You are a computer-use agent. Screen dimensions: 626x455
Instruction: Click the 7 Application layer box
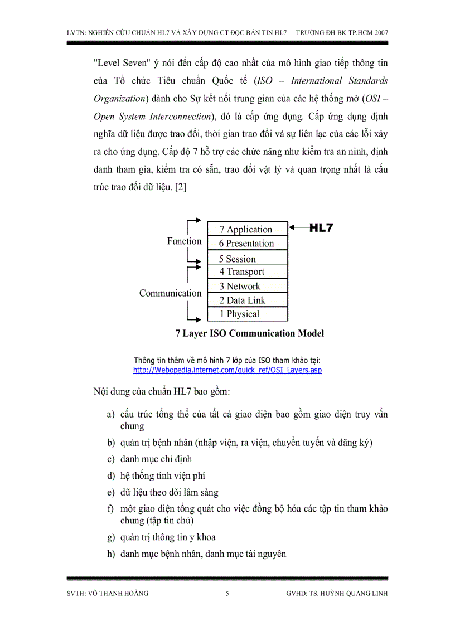pyautogui.click(x=248, y=229)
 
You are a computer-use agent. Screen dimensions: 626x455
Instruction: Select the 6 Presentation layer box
pyautogui.click(x=248, y=243)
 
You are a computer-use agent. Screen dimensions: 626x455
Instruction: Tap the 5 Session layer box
pyautogui.click(x=248, y=258)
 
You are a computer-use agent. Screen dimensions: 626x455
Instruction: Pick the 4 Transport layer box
pyautogui.click(x=248, y=271)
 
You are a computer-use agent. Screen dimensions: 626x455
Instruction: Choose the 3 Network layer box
pyautogui.click(x=248, y=286)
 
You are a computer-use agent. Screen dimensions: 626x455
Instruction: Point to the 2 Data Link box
pyautogui.click(x=248, y=300)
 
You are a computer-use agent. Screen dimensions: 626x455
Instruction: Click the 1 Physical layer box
pyautogui.click(x=248, y=314)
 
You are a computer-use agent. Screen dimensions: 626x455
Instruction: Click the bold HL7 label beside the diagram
pyautogui.click(x=321, y=227)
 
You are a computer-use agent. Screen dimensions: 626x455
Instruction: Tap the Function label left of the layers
pyautogui.click(x=184, y=241)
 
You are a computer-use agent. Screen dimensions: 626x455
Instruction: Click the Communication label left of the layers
pyautogui.click(x=170, y=293)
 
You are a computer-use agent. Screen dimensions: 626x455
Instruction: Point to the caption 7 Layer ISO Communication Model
pyautogui.click(x=249, y=333)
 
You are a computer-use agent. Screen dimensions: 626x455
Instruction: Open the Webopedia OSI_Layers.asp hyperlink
pyautogui.click(x=227, y=370)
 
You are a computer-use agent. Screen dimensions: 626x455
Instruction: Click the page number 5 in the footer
pyautogui.click(x=227, y=594)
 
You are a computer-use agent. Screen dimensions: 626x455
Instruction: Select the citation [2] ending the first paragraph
pyautogui.click(x=181, y=188)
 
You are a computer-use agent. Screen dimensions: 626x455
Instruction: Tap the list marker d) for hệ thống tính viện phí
pyautogui.click(x=111, y=476)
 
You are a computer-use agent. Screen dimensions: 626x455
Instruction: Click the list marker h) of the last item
pyautogui.click(x=111, y=554)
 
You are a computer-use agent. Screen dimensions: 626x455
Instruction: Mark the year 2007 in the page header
pyautogui.click(x=381, y=33)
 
